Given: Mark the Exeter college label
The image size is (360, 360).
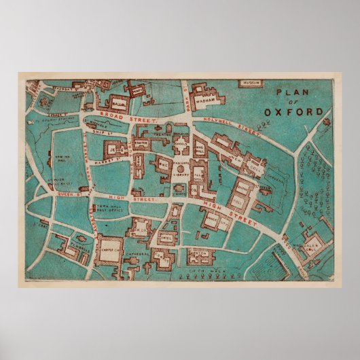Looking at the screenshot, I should point(141,144).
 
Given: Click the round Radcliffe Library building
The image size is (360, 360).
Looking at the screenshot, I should point(181,168).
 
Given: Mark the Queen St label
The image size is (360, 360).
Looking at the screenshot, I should point(55,192).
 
